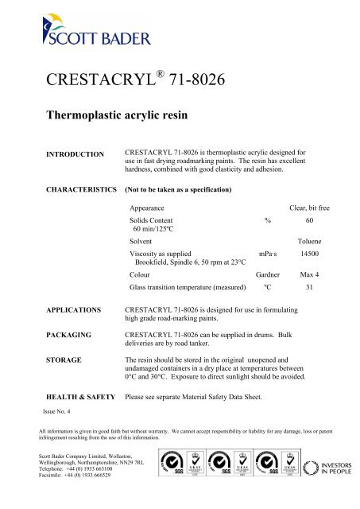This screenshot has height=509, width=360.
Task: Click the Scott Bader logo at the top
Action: point(72,31)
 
